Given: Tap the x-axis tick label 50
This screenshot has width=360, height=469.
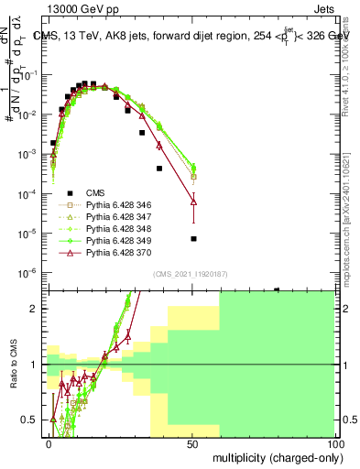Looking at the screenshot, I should tap(191, 443).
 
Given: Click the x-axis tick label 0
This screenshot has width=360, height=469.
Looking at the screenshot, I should tap(48, 443).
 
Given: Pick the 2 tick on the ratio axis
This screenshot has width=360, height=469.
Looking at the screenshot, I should tap(36, 309).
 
